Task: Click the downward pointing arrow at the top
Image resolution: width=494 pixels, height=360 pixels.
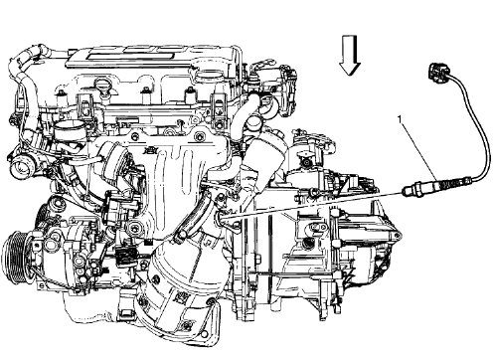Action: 348,57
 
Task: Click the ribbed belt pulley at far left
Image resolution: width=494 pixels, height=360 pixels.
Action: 19,260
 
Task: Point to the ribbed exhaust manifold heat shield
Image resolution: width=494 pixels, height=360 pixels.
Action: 184,174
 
